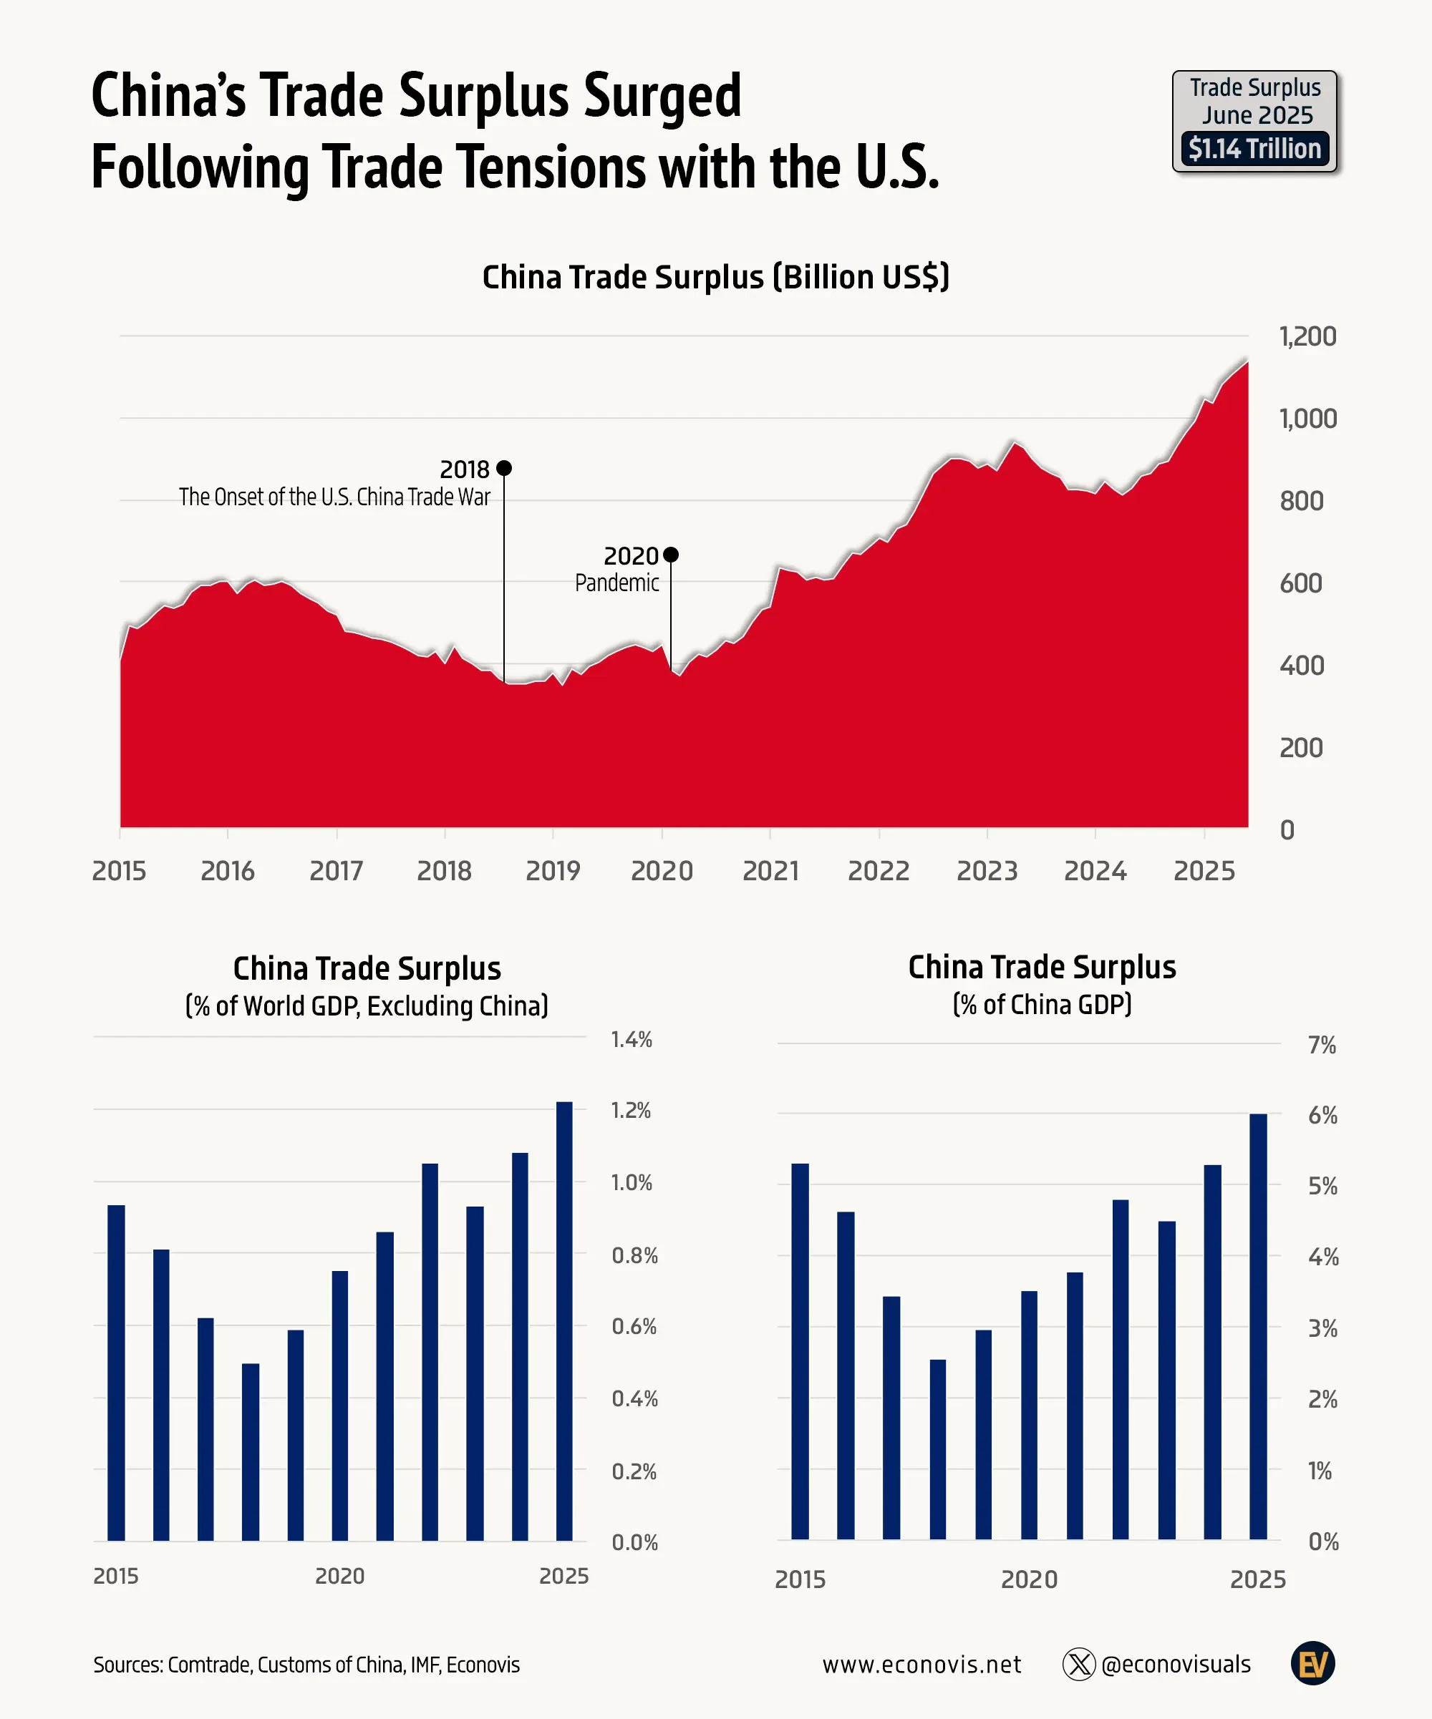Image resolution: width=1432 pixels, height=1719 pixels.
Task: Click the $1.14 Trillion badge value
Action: [x=1254, y=149]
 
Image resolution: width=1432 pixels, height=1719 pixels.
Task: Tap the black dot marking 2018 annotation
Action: [x=504, y=468]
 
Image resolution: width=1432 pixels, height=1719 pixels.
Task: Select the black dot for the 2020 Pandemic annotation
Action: [x=671, y=555]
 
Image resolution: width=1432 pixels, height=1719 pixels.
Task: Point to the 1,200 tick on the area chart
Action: [x=1307, y=336]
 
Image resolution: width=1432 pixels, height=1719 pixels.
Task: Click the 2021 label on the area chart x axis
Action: [x=770, y=870]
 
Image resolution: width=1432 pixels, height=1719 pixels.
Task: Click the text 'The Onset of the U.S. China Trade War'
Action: [x=334, y=497]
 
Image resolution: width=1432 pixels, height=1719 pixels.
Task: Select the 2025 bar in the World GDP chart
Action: [x=564, y=1320]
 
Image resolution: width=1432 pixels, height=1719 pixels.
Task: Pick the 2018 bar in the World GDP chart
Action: [x=251, y=1451]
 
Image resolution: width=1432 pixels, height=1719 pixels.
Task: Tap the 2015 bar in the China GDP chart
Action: [x=800, y=1350]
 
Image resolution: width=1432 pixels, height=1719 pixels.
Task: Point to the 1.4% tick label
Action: [x=632, y=1040]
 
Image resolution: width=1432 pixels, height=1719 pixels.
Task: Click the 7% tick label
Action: [x=1322, y=1046]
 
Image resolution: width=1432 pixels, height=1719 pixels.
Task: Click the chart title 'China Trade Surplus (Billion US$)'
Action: [x=715, y=278]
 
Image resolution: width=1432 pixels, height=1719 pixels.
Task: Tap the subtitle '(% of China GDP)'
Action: [x=1042, y=1004]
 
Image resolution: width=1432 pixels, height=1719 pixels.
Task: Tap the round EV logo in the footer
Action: [x=1312, y=1663]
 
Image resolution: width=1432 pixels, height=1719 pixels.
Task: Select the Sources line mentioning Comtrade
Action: [x=306, y=1665]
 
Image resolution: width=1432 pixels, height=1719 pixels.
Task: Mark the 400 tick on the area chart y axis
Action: [x=1301, y=666]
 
